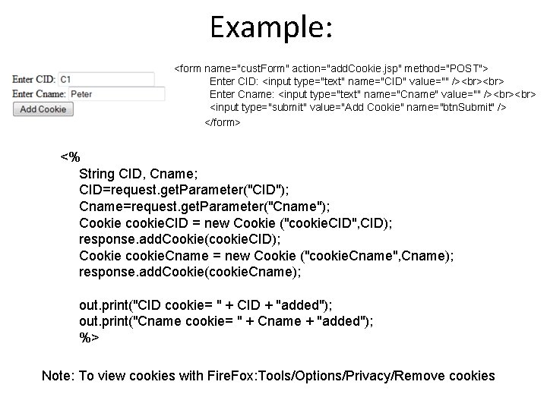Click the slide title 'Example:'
pyautogui.click(x=271, y=28)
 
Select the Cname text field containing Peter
pyautogui.click(x=116, y=94)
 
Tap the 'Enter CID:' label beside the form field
pyautogui.click(x=34, y=79)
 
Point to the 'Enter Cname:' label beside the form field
pyautogui.click(x=40, y=94)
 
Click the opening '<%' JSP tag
pyautogui.click(x=70, y=157)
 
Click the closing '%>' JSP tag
pyautogui.click(x=89, y=338)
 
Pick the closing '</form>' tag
pyautogui.click(x=223, y=122)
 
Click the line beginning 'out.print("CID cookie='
pyautogui.click(x=206, y=305)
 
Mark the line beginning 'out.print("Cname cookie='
pyautogui.click(x=226, y=322)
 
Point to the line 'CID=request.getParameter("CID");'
pyautogui.click(x=183, y=190)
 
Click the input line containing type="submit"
pyautogui.click(x=358, y=108)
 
